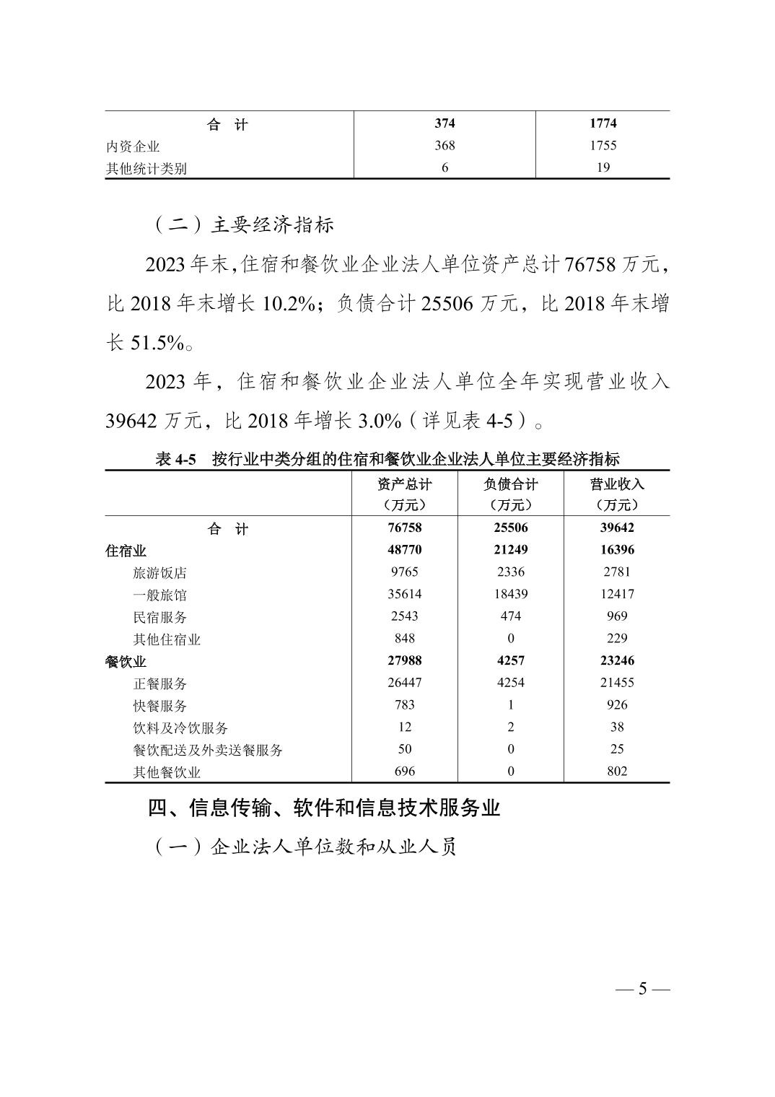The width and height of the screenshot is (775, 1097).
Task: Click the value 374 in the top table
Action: click(445, 123)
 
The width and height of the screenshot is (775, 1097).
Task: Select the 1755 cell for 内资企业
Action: click(603, 146)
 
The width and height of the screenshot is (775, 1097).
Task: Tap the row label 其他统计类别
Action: click(146, 169)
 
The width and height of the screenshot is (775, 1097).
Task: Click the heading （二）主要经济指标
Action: click(243, 225)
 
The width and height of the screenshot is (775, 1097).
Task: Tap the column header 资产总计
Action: click(405, 484)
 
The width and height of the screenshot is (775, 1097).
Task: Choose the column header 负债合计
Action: click(511, 484)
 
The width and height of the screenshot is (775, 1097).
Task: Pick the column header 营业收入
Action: click(617, 484)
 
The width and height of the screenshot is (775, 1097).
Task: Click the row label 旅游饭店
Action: click(159, 573)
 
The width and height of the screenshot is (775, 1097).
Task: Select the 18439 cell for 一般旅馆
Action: click(511, 594)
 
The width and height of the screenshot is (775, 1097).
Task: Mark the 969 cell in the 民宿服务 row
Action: click(617, 616)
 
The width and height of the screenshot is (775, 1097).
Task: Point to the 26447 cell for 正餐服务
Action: click(405, 683)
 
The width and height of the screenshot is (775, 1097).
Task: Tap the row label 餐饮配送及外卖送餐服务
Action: click(208, 750)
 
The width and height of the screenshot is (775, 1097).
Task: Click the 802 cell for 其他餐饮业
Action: click(617, 772)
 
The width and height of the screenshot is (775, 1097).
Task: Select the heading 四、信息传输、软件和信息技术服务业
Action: click(324, 808)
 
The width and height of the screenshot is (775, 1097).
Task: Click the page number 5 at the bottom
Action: click(643, 989)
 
